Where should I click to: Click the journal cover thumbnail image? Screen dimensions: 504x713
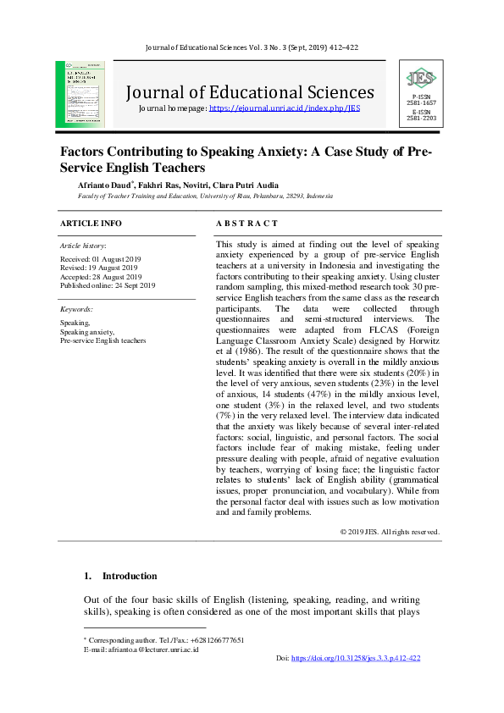pyautogui.click(x=82, y=93)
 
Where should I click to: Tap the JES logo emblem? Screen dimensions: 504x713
pyautogui.click(x=421, y=80)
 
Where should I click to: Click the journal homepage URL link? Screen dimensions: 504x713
pyautogui.click(x=284, y=109)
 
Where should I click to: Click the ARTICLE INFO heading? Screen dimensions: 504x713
pyautogui.click(x=91, y=223)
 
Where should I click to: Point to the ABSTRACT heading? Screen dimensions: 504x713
pyautogui.click(x=246, y=223)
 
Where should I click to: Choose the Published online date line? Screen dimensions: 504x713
pyautogui.click(x=108, y=286)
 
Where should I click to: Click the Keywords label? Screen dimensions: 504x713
pyautogui.click(x=76, y=310)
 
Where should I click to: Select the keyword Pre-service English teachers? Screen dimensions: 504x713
pyautogui.click(x=102, y=340)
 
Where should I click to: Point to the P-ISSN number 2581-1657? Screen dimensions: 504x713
pyautogui.click(x=421, y=103)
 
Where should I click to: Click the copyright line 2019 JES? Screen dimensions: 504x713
pyautogui.click(x=390, y=532)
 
